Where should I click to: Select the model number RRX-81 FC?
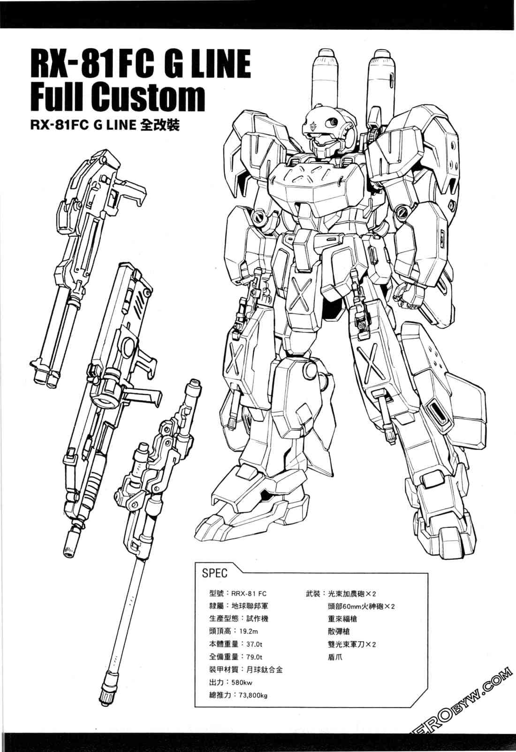pos(249,594)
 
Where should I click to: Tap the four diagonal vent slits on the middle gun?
pos(142,302)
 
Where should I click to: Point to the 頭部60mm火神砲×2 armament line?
pos(361,606)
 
